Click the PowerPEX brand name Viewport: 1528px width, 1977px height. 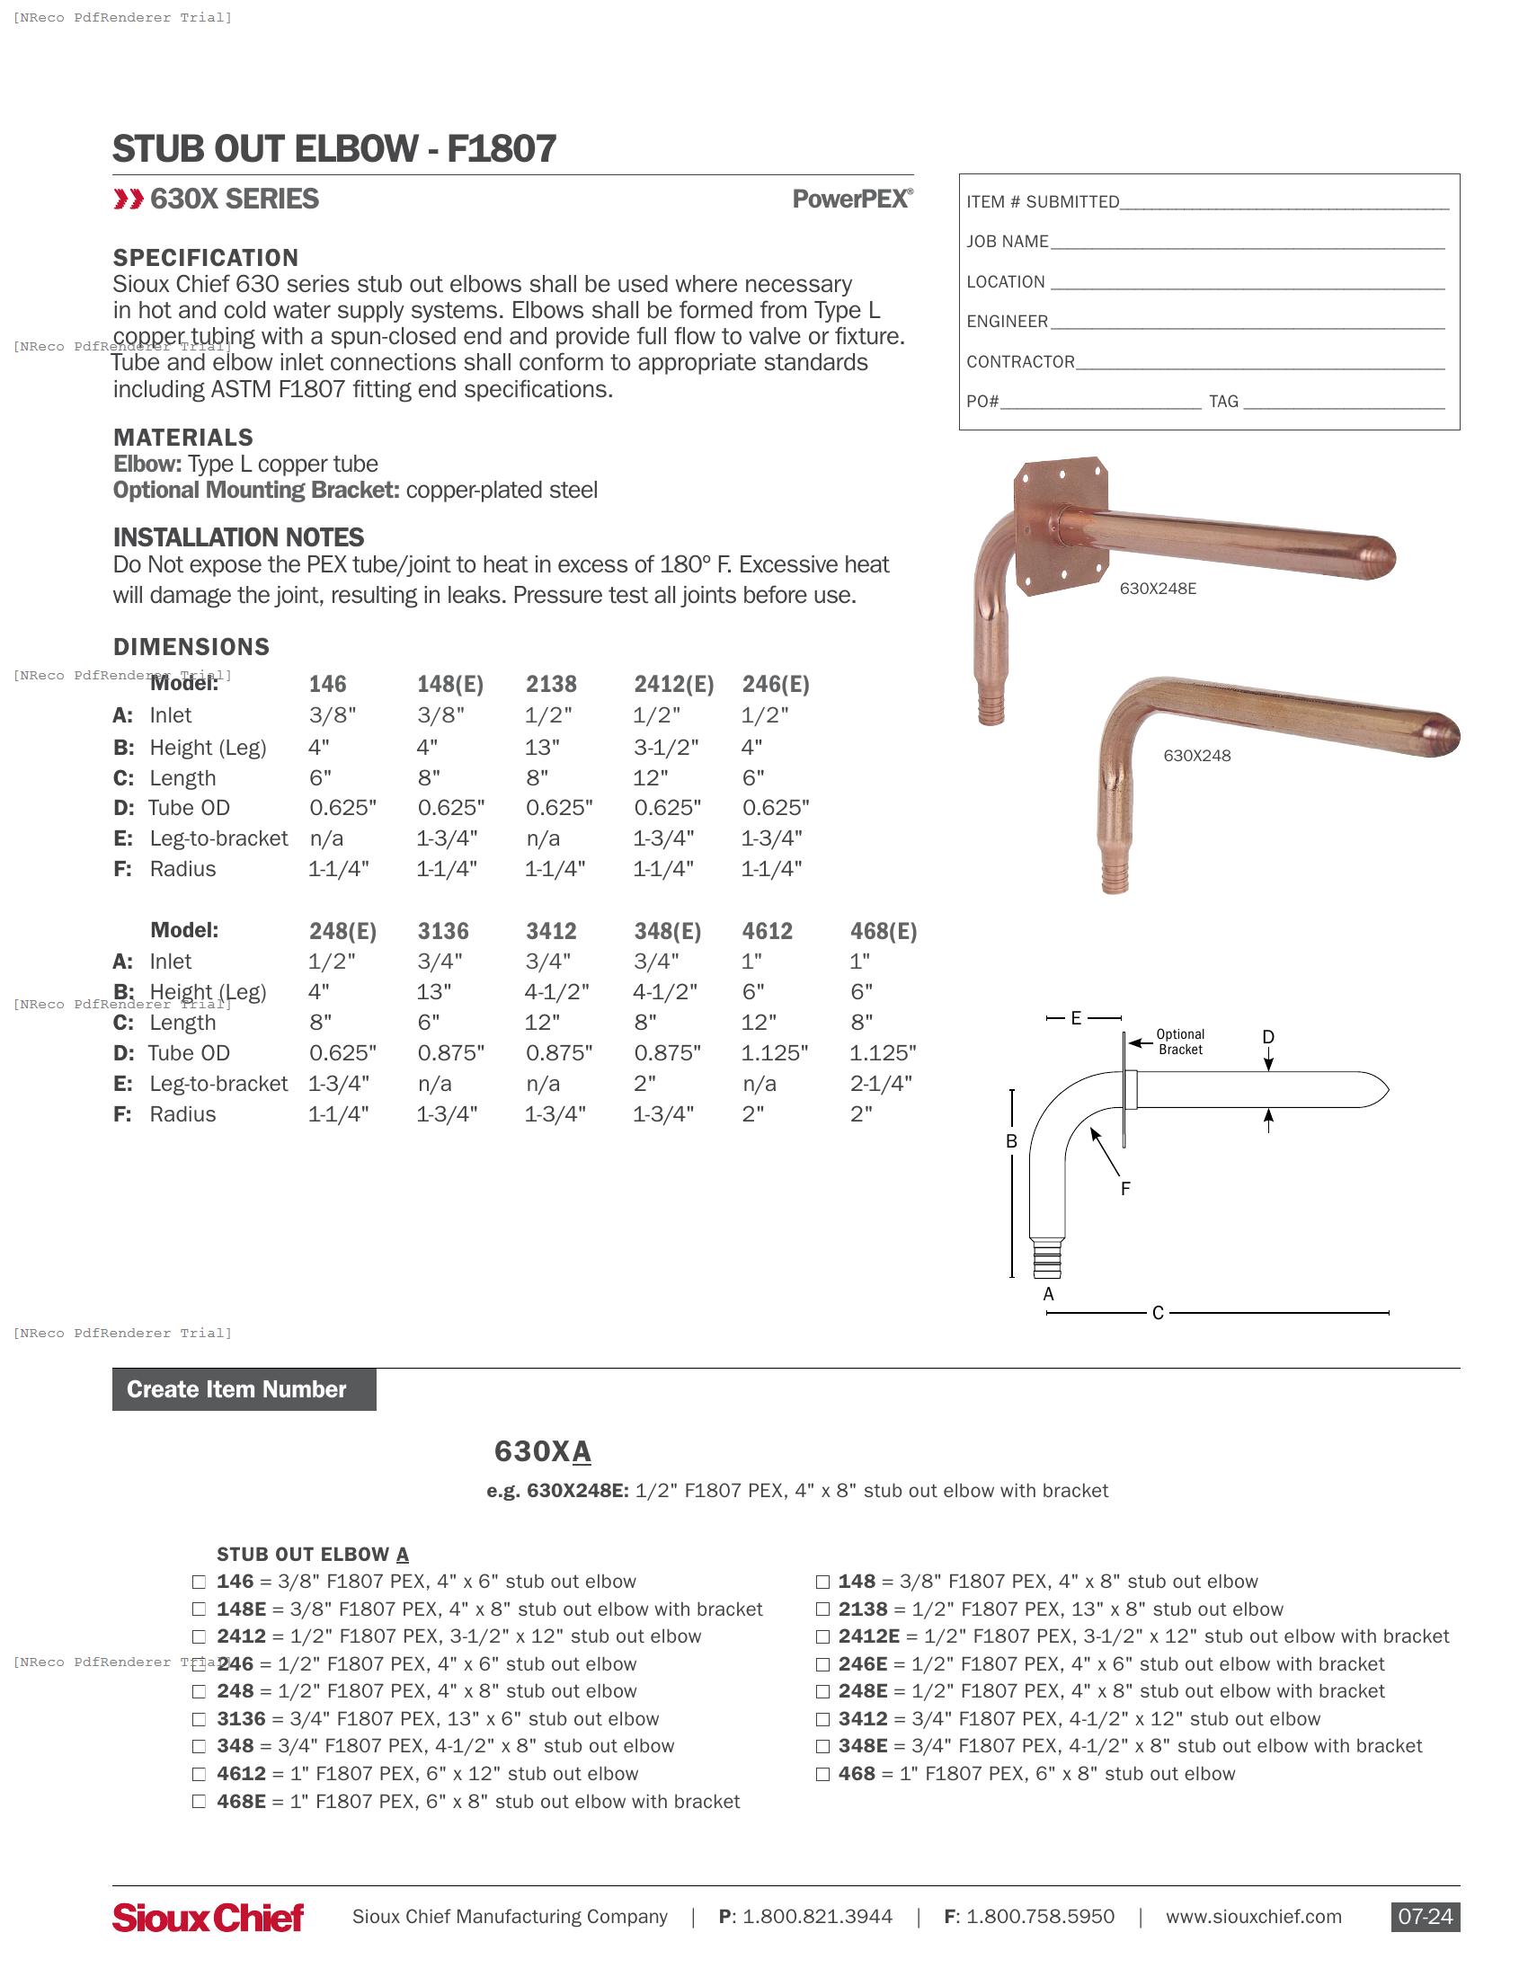tap(852, 199)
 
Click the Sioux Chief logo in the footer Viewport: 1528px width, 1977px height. tap(208, 1918)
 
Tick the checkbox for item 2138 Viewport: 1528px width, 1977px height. tap(822, 1609)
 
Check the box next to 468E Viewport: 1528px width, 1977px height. tap(200, 1802)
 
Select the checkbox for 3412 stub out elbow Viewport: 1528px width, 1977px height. tap(822, 1719)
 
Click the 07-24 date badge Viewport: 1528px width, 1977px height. tap(1425, 1917)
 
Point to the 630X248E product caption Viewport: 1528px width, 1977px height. tap(1158, 589)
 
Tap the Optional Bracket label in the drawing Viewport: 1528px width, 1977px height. tap(1180, 1042)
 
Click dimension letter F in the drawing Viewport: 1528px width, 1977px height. tap(1125, 1189)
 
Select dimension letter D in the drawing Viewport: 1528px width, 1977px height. tap(1268, 1037)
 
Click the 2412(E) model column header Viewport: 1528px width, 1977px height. tap(673, 685)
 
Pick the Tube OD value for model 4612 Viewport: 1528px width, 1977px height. tap(774, 1053)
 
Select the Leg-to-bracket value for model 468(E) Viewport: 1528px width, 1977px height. tap(881, 1084)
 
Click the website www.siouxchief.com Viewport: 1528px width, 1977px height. tap(1253, 1917)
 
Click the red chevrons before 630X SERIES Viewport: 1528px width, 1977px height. tap(128, 199)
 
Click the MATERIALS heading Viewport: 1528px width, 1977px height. tap(182, 439)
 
